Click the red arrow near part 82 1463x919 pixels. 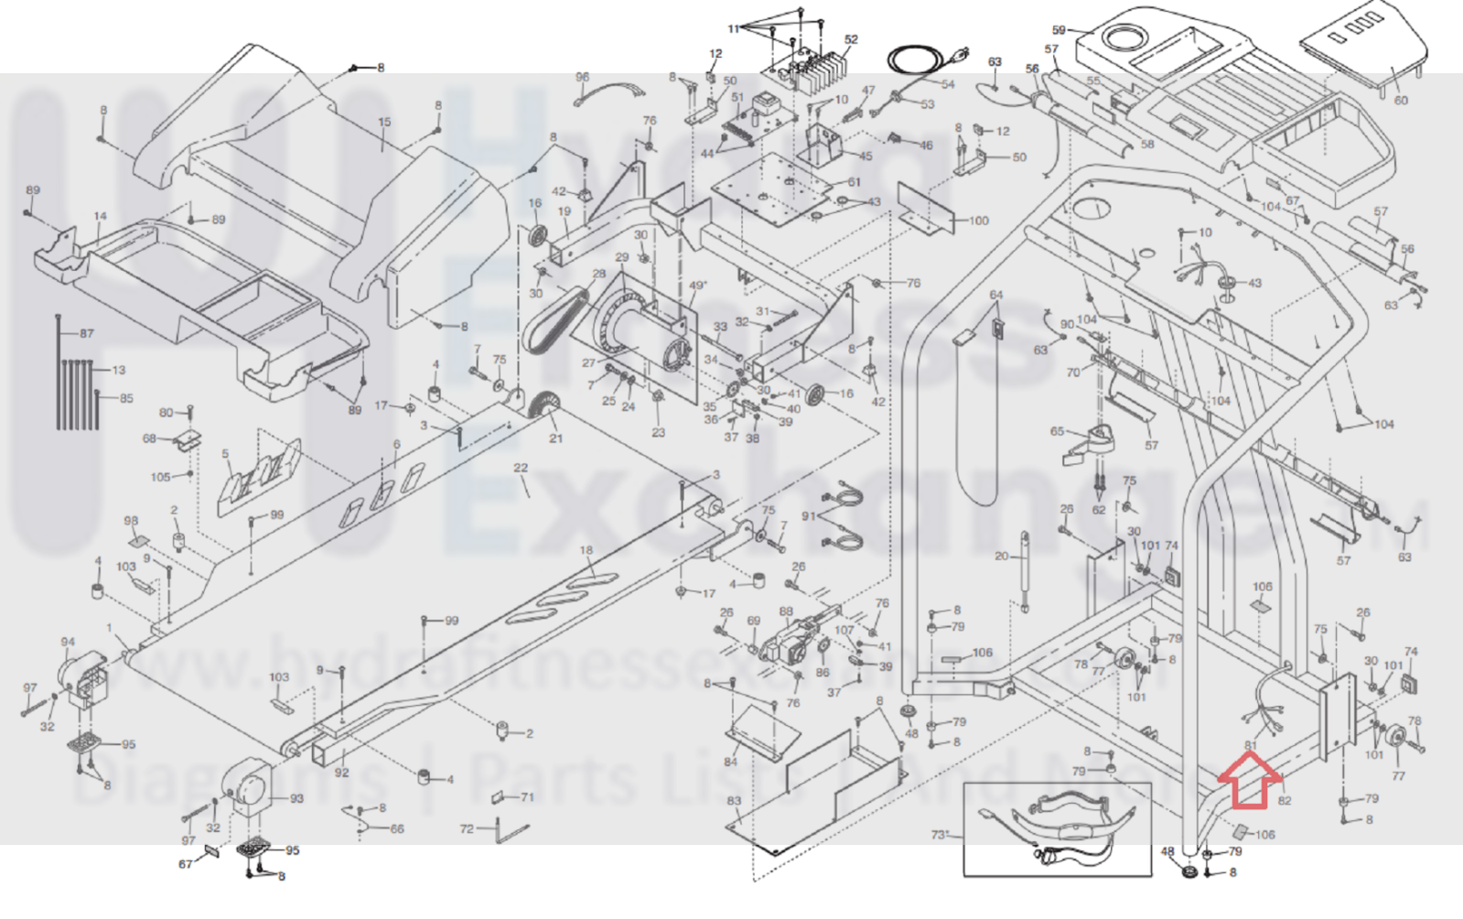1249,782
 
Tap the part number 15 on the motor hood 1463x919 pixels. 384,123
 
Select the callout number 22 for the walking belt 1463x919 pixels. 521,469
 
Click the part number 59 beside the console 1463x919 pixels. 1060,31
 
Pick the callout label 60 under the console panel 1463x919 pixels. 1400,100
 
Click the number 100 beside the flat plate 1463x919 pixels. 978,221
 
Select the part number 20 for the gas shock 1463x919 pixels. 1002,557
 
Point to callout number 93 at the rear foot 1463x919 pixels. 296,798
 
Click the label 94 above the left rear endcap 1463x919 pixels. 68,643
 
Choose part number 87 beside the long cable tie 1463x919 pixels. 87,333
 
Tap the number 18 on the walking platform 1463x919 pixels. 586,550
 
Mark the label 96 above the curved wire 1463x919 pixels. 583,78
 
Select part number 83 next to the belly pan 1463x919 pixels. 734,801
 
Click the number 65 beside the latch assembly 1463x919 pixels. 1057,432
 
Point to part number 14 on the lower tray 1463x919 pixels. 100,217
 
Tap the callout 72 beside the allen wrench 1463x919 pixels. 467,828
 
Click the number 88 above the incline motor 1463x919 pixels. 786,611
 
